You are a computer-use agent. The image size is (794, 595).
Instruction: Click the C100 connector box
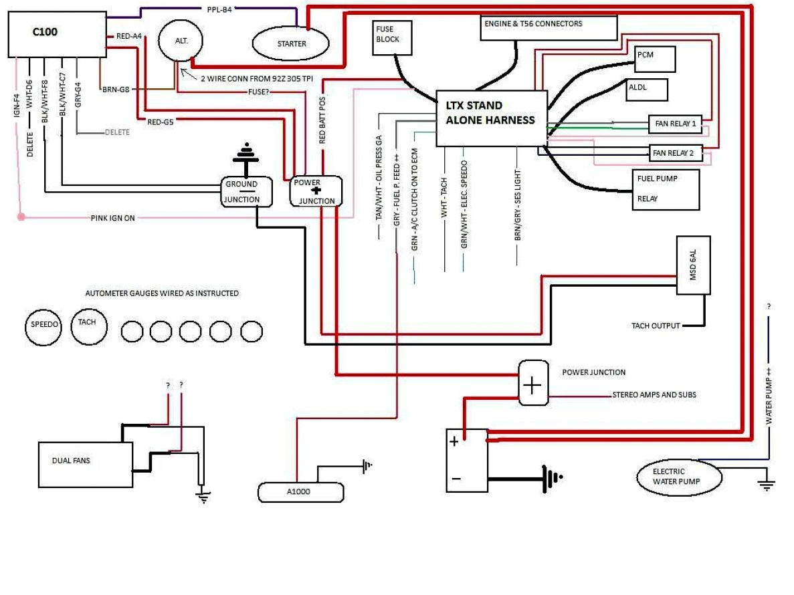point(57,34)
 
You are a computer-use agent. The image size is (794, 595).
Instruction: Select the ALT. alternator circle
point(181,41)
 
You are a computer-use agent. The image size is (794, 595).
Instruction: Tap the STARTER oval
point(291,44)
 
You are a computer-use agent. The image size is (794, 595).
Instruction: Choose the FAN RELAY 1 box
point(675,124)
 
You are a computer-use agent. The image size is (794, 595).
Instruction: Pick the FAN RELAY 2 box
point(675,153)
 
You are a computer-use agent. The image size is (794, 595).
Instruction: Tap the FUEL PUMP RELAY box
point(665,189)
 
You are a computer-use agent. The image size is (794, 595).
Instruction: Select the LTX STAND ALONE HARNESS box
point(492,118)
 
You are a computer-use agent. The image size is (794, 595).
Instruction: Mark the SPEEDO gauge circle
point(45,326)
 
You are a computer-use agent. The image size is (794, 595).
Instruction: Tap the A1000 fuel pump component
point(300,492)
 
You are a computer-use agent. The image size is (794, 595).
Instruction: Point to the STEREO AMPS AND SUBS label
point(654,395)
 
